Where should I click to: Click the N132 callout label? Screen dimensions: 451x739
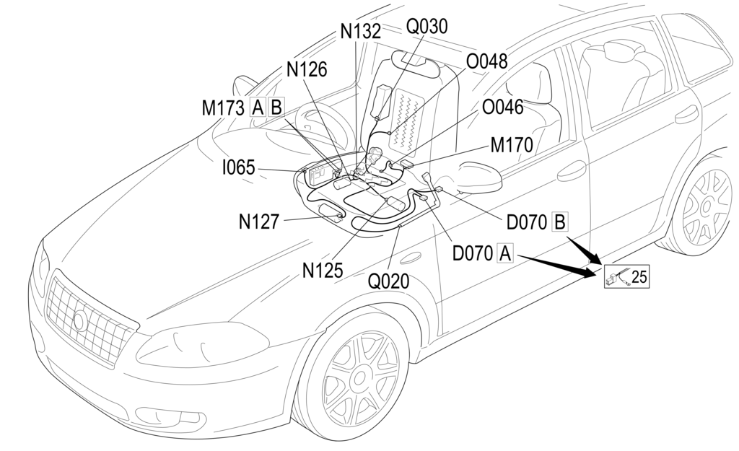[360, 32]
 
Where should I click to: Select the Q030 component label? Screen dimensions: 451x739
[427, 26]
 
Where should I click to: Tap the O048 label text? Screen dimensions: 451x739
[486, 62]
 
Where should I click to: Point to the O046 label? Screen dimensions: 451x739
[502, 108]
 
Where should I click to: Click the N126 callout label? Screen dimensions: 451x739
[307, 69]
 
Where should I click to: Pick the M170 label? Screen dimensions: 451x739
[512, 145]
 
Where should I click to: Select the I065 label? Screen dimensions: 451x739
[238, 168]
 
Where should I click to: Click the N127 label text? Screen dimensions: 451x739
[259, 222]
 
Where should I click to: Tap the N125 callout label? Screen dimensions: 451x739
[323, 270]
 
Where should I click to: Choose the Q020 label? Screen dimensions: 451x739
[388, 281]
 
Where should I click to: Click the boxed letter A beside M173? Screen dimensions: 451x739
[258, 108]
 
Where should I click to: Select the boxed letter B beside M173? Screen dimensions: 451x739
[276, 108]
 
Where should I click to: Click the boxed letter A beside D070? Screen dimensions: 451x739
[505, 253]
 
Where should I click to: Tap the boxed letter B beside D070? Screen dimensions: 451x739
[559, 222]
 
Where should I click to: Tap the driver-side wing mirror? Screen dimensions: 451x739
[477, 178]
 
